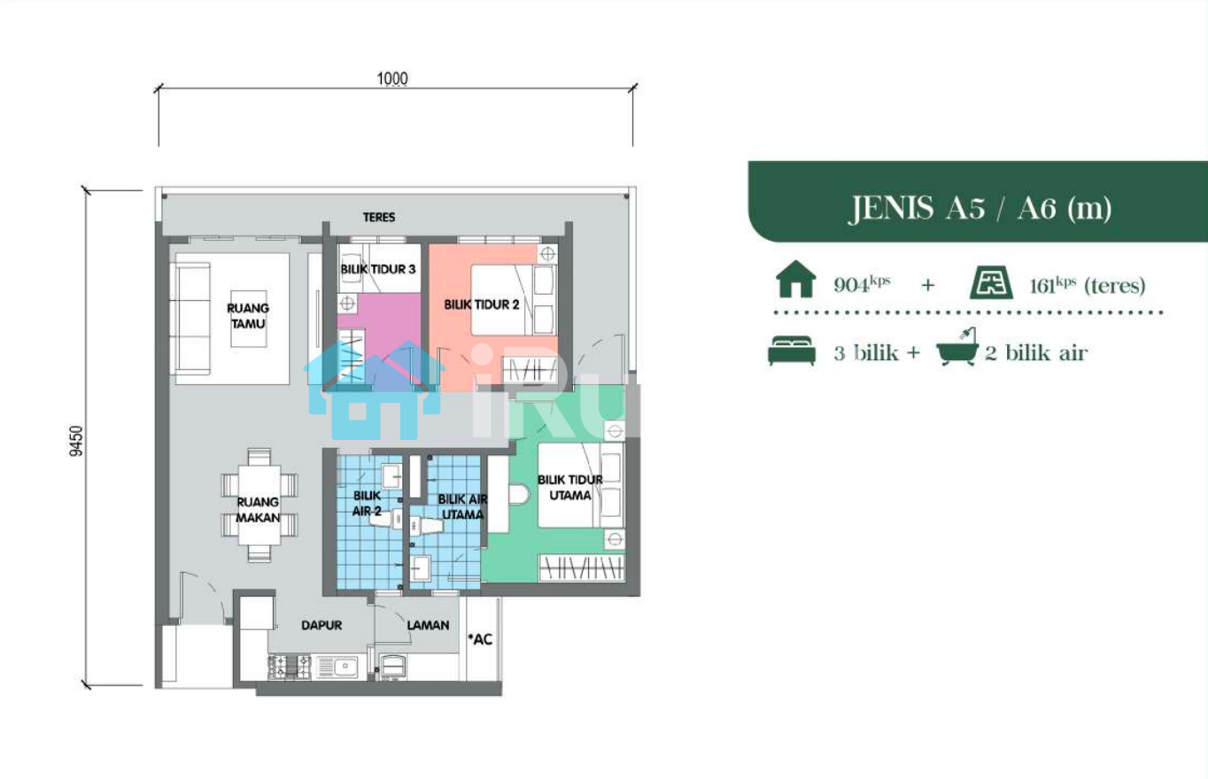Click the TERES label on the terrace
(378, 217)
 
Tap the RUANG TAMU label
(247, 316)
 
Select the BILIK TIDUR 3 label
(378, 269)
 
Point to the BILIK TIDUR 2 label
(482, 305)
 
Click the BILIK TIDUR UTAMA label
(570, 488)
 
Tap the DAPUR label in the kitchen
(321, 625)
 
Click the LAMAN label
(428, 625)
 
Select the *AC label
(480, 639)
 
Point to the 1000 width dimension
(392, 79)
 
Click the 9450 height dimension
(76, 441)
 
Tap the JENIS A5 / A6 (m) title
(980, 208)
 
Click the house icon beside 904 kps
(796, 279)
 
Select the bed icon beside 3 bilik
(792, 351)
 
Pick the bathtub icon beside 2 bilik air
(957, 347)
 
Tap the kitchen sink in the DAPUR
(338, 667)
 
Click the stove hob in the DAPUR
(290, 667)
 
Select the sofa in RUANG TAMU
(190, 318)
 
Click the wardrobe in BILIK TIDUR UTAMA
(581, 567)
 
